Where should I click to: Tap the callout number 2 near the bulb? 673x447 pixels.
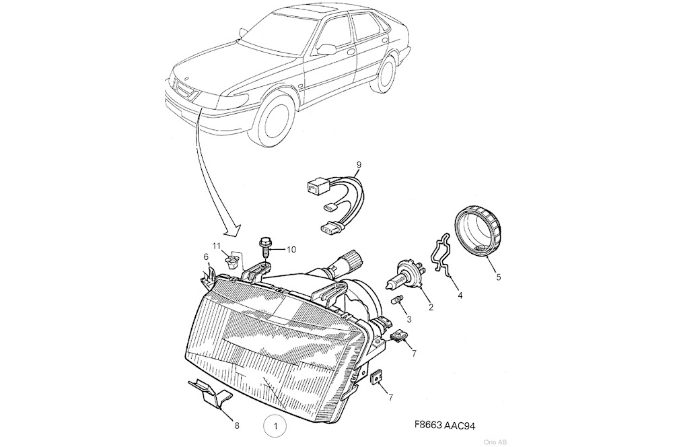click(x=431, y=308)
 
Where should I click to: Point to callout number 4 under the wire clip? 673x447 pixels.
click(x=460, y=294)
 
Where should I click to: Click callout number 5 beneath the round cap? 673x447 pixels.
click(x=499, y=275)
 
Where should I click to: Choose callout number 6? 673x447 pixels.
click(x=206, y=256)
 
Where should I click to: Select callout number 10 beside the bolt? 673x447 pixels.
click(x=291, y=250)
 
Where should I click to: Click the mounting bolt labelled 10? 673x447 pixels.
click(x=264, y=245)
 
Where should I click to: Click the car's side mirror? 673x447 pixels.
click(x=327, y=48)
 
